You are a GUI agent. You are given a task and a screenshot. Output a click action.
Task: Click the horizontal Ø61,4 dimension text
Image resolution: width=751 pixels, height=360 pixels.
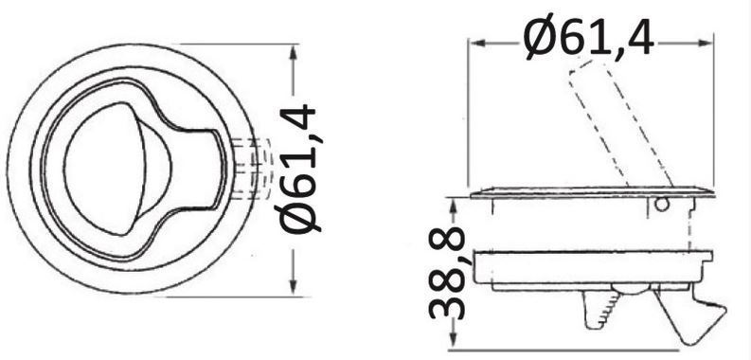(589, 37)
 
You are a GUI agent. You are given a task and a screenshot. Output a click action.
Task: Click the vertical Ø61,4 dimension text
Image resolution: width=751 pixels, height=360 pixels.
(299, 170)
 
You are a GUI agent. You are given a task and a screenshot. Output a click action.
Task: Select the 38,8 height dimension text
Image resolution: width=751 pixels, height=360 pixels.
(447, 273)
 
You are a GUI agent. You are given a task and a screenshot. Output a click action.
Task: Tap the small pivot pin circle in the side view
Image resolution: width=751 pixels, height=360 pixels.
(661, 205)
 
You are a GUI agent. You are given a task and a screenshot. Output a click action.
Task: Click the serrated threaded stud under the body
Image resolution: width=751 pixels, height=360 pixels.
(599, 310)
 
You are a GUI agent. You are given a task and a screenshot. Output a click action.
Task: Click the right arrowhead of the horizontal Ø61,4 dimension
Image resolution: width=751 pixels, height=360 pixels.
(705, 43)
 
